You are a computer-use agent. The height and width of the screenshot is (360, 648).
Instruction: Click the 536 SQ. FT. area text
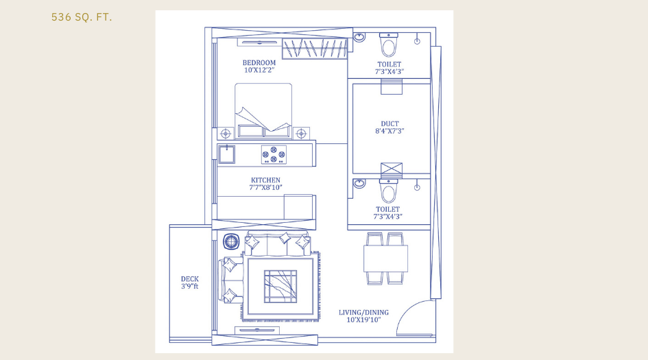82,17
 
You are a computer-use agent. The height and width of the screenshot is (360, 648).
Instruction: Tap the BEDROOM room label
259,62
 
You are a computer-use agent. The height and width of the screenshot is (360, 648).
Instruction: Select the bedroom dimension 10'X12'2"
259,70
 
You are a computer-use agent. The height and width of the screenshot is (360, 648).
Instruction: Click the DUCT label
389,124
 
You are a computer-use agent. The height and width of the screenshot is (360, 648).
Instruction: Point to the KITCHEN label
265,180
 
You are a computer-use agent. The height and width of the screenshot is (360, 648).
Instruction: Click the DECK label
190,279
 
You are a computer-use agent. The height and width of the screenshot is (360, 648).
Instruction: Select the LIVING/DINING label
363,313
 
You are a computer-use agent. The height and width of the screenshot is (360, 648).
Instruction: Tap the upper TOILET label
389,64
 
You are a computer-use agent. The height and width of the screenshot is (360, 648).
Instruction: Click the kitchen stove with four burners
273,155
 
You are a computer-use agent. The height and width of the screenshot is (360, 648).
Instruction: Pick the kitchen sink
226,154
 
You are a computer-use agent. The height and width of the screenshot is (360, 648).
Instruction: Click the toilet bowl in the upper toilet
389,45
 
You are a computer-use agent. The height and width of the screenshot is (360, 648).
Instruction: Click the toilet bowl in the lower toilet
389,190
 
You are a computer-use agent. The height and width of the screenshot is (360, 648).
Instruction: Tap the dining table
385,259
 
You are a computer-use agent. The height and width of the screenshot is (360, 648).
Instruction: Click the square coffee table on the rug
280,286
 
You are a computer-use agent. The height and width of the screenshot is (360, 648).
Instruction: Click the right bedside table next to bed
300,132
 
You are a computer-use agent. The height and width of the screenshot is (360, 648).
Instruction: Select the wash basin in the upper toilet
359,38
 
